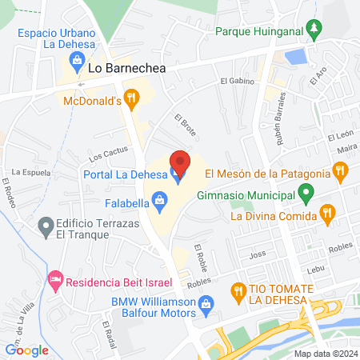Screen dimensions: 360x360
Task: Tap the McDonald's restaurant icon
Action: pos(132,100)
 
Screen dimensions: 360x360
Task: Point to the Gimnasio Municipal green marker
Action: pos(306,193)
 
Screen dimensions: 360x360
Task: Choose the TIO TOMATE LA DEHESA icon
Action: pos(237,291)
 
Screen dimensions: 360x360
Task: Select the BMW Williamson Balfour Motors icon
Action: pos(206,303)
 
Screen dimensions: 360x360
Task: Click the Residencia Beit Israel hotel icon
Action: pos(55,281)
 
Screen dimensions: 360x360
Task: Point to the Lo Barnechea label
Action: pos(126,69)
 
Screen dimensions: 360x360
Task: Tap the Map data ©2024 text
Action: pos(325,354)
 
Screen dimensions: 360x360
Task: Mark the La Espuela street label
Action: pos(26,171)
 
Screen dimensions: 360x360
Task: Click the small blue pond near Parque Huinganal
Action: pos(296,57)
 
